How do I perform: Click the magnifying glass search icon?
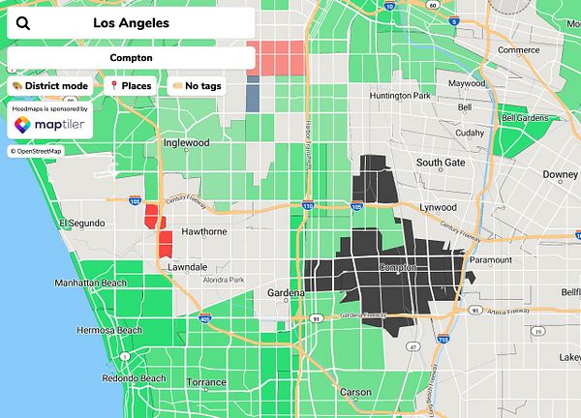[23, 23]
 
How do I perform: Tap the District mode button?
[51, 86]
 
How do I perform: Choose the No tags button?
[197, 86]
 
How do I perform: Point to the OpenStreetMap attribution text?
[36, 151]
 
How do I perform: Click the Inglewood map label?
[187, 143]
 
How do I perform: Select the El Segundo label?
[79, 224]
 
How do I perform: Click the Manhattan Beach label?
[90, 283]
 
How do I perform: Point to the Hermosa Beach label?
[109, 330]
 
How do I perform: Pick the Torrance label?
[206, 383]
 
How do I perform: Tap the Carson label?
[355, 392]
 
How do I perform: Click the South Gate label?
[441, 163]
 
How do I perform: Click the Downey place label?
[560, 175]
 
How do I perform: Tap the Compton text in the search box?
[131, 57]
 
